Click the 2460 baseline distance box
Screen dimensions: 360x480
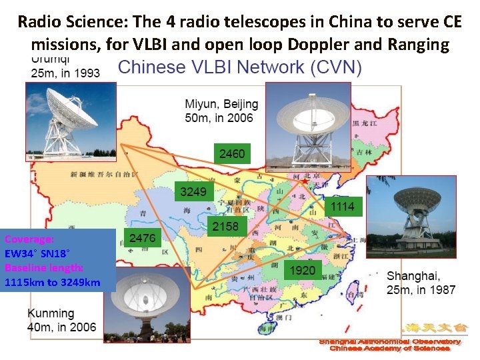(x=231, y=154)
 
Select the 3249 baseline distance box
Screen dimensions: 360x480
(x=194, y=192)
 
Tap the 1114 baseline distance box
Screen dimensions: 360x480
(x=342, y=206)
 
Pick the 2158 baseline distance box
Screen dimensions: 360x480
(x=225, y=227)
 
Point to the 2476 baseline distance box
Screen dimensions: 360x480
(x=142, y=238)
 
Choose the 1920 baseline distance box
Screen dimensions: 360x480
(x=302, y=270)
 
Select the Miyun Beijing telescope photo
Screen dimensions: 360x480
(x=307, y=126)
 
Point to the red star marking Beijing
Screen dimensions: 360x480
(x=305, y=181)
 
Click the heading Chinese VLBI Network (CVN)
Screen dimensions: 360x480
(x=240, y=67)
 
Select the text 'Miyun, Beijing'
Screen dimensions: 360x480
(x=221, y=105)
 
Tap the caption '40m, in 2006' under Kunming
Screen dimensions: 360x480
(x=62, y=327)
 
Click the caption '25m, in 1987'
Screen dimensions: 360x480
(x=421, y=290)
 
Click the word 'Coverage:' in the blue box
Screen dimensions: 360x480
(x=29, y=239)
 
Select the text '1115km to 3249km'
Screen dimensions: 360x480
(x=52, y=282)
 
